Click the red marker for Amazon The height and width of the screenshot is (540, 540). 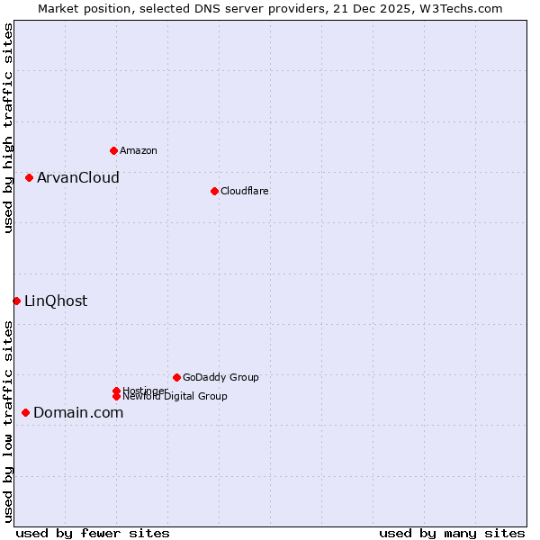tap(113, 150)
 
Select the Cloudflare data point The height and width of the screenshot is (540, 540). tap(214, 191)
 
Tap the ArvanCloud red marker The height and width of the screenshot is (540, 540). tap(29, 177)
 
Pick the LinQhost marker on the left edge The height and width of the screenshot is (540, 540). tap(16, 301)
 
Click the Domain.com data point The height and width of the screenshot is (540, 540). tap(25, 412)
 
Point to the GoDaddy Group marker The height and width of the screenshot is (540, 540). tap(176, 377)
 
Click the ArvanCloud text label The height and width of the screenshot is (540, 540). tap(77, 177)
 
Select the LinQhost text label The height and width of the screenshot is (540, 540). tap(56, 301)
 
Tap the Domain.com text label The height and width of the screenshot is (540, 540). tap(78, 412)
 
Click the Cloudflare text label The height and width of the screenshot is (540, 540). tap(244, 191)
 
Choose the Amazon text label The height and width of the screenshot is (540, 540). tap(138, 150)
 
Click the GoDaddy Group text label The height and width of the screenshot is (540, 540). tap(220, 377)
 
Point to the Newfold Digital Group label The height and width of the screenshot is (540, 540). tap(175, 396)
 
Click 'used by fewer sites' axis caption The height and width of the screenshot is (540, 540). tap(93, 533)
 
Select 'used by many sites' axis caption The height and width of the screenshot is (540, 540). tap(452, 533)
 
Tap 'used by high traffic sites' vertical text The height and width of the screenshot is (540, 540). tap(8, 129)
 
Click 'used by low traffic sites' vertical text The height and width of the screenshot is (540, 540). tap(8, 421)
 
